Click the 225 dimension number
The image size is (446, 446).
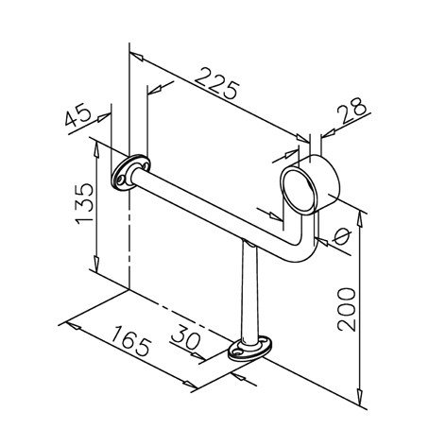pos(216,83)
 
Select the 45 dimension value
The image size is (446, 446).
pos(78,114)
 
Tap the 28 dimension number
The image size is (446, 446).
pos(352,111)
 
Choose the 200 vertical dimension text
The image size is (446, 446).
pos(346,309)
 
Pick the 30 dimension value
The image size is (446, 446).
pos(185,337)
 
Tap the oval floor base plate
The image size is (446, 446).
pos(250,349)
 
